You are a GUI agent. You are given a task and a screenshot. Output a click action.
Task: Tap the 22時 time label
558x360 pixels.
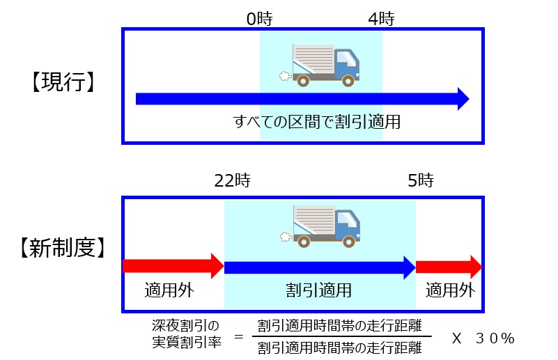point(233,181)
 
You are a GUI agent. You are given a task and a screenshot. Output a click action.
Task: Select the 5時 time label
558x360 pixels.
point(421,181)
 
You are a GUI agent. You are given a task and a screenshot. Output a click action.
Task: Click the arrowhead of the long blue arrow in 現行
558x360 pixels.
point(462,99)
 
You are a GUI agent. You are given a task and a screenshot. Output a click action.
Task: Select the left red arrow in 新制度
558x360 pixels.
point(173,266)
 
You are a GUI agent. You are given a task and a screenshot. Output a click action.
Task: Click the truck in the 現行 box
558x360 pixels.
point(325,65)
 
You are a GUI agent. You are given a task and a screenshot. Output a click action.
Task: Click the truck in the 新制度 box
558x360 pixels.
point(325,225)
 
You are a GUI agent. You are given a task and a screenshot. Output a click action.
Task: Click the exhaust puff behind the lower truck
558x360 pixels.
point(284,237)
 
